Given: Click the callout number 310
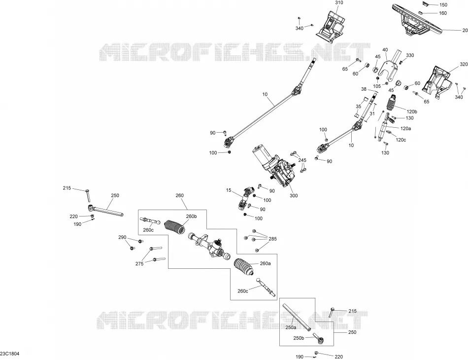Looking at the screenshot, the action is pos(339,2).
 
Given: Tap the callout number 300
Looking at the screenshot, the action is pos(294,196).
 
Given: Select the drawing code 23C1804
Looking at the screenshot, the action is pos(10,354).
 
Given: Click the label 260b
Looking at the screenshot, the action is pos(192,216).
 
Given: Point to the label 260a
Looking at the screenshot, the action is pos(266,263).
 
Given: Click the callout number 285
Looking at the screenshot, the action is pos(272,239).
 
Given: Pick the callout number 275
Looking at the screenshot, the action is pos(139,263).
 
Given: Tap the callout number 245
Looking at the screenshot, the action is pos(302,160).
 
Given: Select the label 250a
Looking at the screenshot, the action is pos(291,327).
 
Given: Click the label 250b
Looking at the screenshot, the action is pos(299,338).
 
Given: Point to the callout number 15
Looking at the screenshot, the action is pos(229,190).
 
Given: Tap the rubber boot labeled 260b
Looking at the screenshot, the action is pos(175,228).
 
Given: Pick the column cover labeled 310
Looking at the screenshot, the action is pos(331,25).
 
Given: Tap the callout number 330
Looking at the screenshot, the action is pos(410,55).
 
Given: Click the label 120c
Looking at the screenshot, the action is pos(401,140).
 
